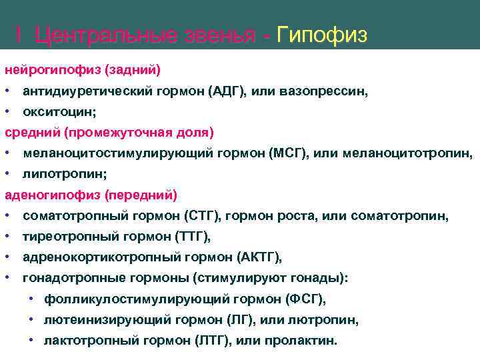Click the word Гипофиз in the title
pyautogui.click(x=321, y=35)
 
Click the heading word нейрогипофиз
pyautogui.click(x=46, y=69)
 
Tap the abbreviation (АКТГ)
pyautogui.click(x=259, y=257)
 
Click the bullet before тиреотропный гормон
pyautogui.click(x=7, y=237)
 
